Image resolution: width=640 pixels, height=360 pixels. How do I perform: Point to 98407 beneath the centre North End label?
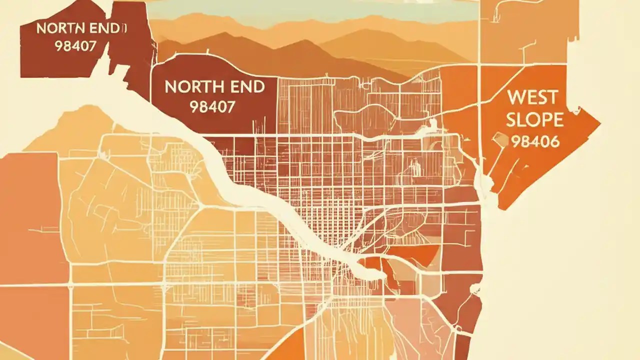click(212, 106)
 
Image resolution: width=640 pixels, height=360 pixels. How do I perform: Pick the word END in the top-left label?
click(105, 28)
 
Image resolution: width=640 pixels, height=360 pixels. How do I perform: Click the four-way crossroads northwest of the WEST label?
click(479, 65)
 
